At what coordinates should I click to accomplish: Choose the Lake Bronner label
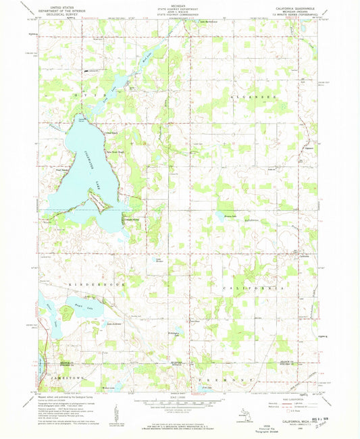tap(159, 259)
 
